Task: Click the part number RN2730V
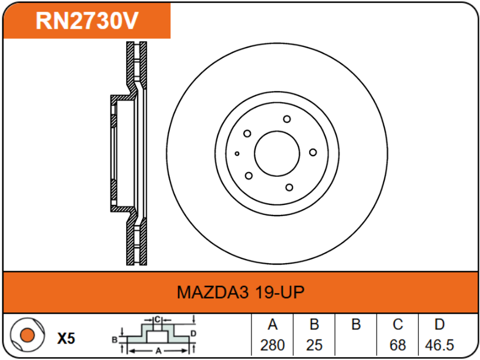(86, 21)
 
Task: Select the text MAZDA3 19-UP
(240, 292)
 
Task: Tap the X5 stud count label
(66, 338)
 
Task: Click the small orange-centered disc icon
(26, 337)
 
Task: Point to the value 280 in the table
(272, 345)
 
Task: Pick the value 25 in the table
(314, 345)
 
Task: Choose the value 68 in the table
(397, 345)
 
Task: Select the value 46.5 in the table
(439, 345)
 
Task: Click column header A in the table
(272, 325)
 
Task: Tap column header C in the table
(397, 325)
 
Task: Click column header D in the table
(439, 325)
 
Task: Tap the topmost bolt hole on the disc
(287, 119)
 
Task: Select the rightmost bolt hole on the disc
(313, 153)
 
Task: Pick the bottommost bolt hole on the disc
(288, 187)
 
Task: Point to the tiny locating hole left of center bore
(237, 153)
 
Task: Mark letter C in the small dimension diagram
(157, 319)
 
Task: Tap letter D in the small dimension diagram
(193, 334)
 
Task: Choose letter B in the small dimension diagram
(115, 339)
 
